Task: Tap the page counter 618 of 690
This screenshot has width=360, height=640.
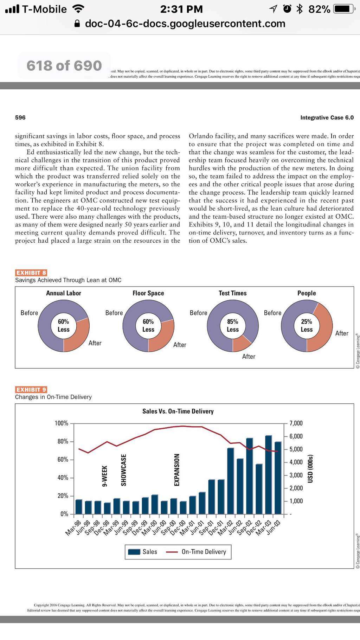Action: tap(64, 66)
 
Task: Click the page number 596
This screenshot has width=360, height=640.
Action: tap(20, 117)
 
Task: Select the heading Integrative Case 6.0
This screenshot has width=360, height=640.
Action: tap(327, 117)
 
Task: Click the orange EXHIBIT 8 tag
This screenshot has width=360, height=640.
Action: tap(31, 273)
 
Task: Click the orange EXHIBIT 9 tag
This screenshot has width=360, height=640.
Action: tap(31, 389)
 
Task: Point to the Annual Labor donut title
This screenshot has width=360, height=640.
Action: tap(64, 293)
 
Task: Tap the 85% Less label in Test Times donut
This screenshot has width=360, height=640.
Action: tap(233, 326)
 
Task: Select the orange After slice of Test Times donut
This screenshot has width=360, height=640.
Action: tap(241, 344)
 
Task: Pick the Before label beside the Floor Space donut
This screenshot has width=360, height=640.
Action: tap(114, 313)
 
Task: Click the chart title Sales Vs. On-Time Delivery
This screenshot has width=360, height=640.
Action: tap(178, 411)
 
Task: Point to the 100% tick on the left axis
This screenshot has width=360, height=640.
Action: tap(62, 423)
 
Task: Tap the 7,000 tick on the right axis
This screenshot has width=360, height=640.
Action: tap(296, 423)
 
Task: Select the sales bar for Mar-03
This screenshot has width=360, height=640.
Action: tap(269, 475)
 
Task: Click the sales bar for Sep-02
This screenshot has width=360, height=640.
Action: tap(250, 476)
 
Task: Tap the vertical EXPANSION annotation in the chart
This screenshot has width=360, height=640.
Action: tap(177, 470)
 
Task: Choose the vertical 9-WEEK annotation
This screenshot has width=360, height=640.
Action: tap(104, 476)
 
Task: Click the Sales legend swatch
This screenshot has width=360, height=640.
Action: tap(134, 552)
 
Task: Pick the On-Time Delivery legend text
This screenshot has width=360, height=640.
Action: tap(204, 552)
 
